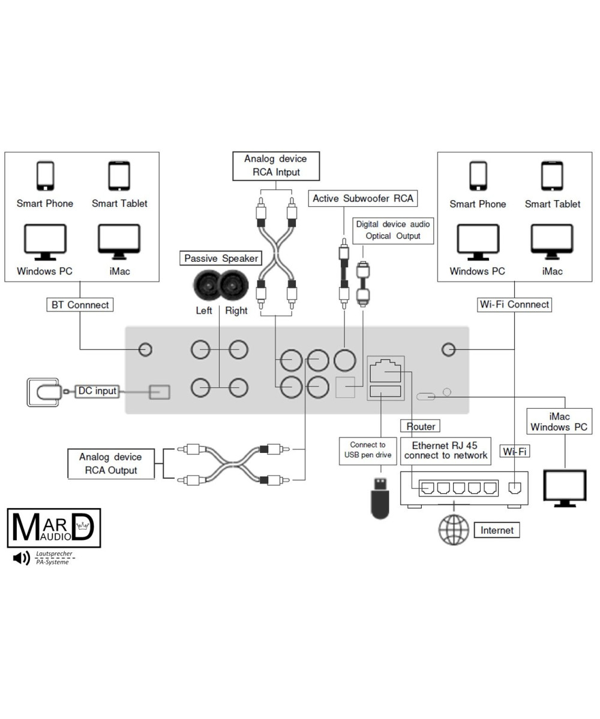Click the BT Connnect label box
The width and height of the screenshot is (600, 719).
[x=80, y=304]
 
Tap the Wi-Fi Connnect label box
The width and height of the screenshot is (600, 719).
[x=514, y=304]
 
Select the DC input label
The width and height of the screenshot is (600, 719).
[x=97, y=391]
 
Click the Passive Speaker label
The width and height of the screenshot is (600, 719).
[x=221, y=258]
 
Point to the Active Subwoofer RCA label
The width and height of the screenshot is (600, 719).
[x=363, y=198]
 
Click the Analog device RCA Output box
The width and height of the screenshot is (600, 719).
[x=111, y=464]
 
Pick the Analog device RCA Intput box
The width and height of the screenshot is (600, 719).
[x=276, y=165]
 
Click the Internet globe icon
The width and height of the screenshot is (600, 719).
[x=454, y=530]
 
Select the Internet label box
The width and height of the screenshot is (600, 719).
[x=497, y=530]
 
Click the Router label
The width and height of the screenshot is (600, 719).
[x=421, y=426]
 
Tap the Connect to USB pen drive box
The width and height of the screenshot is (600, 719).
[x=368, y=450]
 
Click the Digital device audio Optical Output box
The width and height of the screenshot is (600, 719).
[x=393, y=230]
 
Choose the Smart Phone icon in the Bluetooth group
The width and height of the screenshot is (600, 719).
[x=45, y=176]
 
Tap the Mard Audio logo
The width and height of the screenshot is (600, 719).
[x=54, y=527]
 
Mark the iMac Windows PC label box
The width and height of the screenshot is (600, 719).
[x=559, y=422]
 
